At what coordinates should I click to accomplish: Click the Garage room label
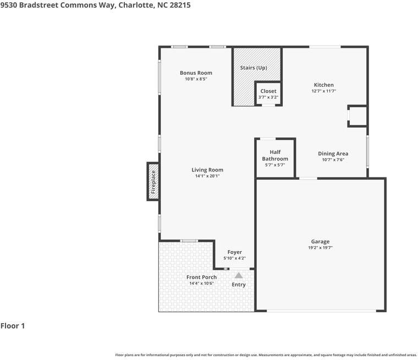point(320,241)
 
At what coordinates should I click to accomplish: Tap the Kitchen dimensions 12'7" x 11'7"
point(323,91)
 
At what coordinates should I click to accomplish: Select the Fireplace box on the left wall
point(153,181)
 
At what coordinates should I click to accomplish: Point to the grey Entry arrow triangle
point(239,275)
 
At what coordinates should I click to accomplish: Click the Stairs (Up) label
point(254,68)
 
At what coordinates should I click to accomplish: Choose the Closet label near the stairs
point(268,91)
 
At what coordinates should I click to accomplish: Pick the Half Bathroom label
point(275,156)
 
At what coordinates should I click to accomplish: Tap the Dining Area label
point(333,154)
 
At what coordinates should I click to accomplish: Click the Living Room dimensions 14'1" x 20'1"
point(207,176)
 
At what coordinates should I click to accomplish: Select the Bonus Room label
point(196,73)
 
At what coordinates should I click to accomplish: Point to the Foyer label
point(234,252)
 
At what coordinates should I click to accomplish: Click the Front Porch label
point(201,277)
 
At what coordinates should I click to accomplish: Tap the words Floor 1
point(13,326)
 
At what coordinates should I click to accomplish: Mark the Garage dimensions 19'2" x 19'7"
point(320,248)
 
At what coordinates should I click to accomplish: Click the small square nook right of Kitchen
point(358,116)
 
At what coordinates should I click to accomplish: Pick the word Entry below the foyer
point(239,285)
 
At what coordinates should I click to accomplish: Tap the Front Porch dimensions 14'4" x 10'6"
point(201,284)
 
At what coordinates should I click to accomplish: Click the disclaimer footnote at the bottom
point(266,355)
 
